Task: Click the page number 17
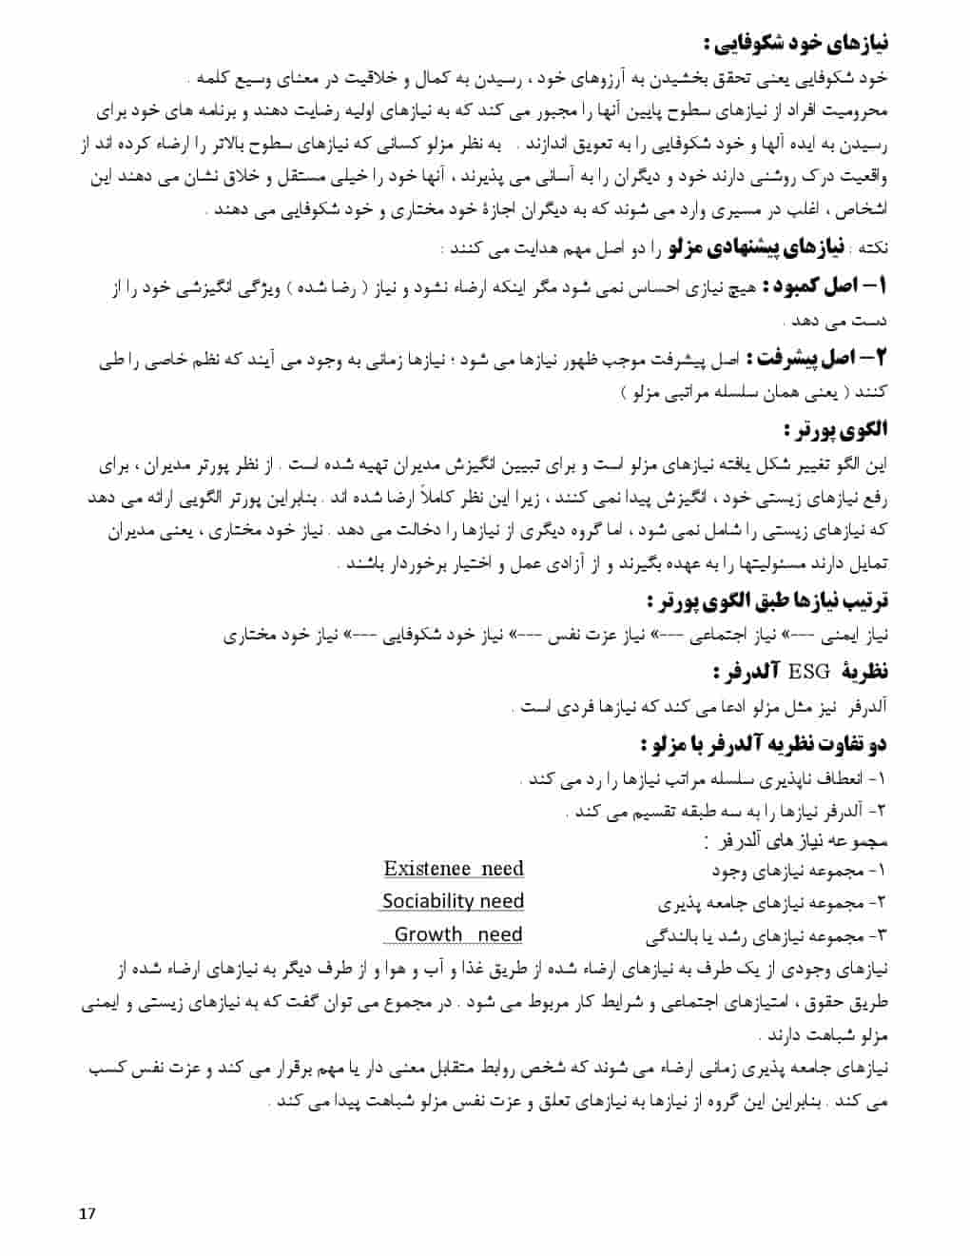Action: [x=87, y=1213]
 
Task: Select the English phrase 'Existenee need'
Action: [x=454, y=869]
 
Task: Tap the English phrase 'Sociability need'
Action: [x=454, y=901]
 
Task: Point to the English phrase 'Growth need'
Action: [x=457, y=934]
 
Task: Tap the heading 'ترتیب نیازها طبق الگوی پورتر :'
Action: [x=766, y=601]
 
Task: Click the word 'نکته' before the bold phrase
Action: [x=872, y=249]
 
